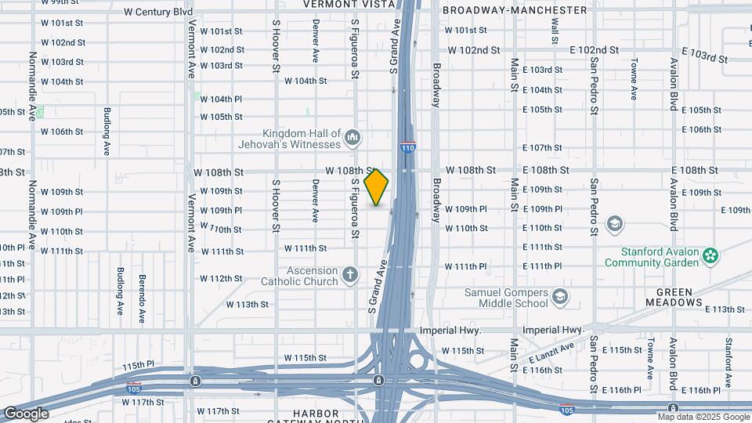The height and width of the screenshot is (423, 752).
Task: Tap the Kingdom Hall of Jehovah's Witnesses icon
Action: coord(352,139)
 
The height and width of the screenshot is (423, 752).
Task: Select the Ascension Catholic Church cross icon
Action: coord(349,275)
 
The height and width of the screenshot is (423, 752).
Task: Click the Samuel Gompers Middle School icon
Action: coord(559,296)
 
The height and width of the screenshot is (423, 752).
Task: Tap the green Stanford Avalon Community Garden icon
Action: coord(710,255)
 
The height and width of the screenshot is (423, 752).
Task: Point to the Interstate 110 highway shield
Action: coord(407,146)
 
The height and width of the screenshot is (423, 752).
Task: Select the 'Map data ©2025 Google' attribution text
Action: coord(703,418)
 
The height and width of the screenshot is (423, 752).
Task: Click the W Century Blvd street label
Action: coord(158,13)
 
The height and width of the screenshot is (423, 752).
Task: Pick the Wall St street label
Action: coord(555,30)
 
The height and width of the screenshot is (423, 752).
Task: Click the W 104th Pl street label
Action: coord(221,99)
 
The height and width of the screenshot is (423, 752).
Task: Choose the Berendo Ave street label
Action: coord(142,288)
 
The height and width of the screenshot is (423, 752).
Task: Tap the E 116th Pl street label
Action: coord(617,389)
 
